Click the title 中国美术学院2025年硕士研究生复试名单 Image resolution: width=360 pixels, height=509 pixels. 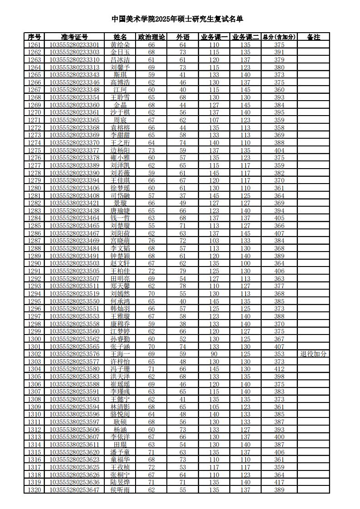pos(177,19)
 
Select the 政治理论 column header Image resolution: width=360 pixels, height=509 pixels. pos(151,37)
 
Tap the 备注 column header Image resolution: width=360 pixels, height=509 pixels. pos(313,37)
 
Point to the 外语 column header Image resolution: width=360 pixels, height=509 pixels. pos(183,37)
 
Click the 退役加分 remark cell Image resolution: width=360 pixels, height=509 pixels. pos(313,354)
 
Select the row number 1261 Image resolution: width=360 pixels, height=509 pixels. pos(34,45)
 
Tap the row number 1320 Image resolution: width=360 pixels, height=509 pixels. pos(34,490)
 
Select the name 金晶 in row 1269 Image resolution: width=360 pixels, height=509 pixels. pos(120,105)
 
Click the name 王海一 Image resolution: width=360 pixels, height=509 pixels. pos(120,354)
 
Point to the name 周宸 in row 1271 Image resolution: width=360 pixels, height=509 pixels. pos(120,120)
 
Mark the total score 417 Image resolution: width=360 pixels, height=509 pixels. pos(279,482)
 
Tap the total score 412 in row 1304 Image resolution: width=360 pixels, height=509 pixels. pos(279,369)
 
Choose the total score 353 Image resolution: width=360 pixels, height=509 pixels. pos(279,354)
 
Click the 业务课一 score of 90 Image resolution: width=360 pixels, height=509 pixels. pos(214,354)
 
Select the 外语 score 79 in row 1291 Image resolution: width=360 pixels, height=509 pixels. pos(183,271)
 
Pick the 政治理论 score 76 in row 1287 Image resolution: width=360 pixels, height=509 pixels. pos(151,241)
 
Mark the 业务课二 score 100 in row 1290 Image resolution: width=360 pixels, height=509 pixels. pos(245,263)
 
